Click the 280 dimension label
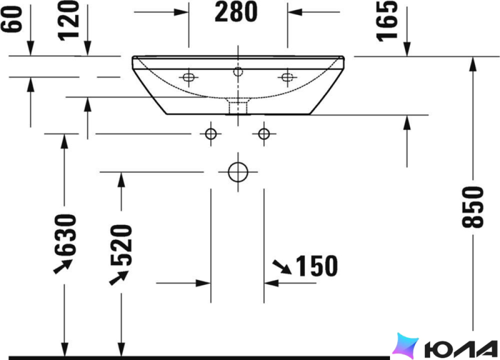click(236, 12)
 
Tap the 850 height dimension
click(473, 207)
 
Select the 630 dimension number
click(65, 235)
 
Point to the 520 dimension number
click(121, 245)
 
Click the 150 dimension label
click(317, 265)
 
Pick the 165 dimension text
click(387, 21)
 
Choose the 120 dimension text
click(68, 21)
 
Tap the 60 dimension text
click(12, 19)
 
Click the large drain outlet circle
click(238, 172)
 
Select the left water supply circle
click(211, 134)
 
